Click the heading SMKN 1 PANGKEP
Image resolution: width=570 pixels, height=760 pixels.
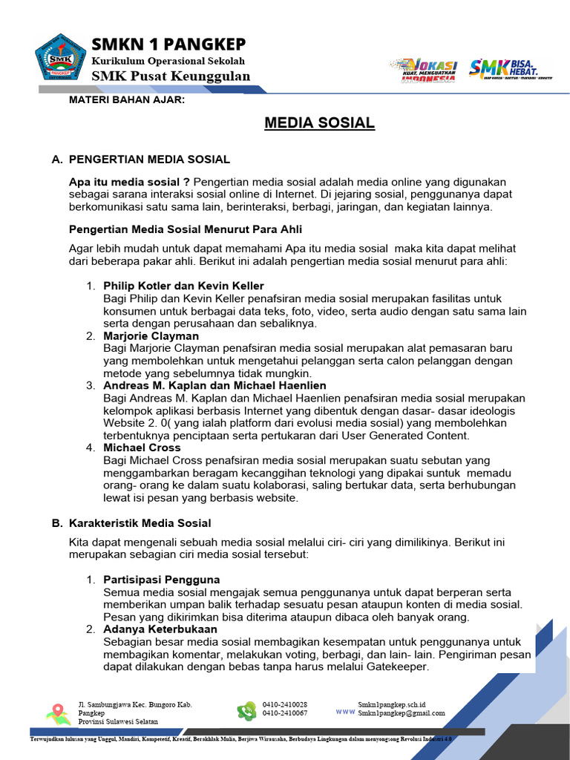coord(168,44)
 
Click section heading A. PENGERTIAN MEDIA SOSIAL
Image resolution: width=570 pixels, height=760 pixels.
coord(140,160)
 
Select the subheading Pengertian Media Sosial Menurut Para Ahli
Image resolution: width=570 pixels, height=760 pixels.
coord(185,229)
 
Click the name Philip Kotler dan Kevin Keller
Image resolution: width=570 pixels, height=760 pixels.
coord(183,286)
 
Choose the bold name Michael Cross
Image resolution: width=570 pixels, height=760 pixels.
coord(142,448)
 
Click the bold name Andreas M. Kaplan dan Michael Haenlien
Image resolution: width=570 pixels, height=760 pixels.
coord(214,385)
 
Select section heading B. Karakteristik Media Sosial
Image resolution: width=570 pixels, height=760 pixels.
coord(131,523)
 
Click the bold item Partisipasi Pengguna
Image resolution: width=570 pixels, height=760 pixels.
coord(161,579)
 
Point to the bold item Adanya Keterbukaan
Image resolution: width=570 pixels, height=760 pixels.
coord(160,629)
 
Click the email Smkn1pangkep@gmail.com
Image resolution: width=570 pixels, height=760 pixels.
coord(401,713)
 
